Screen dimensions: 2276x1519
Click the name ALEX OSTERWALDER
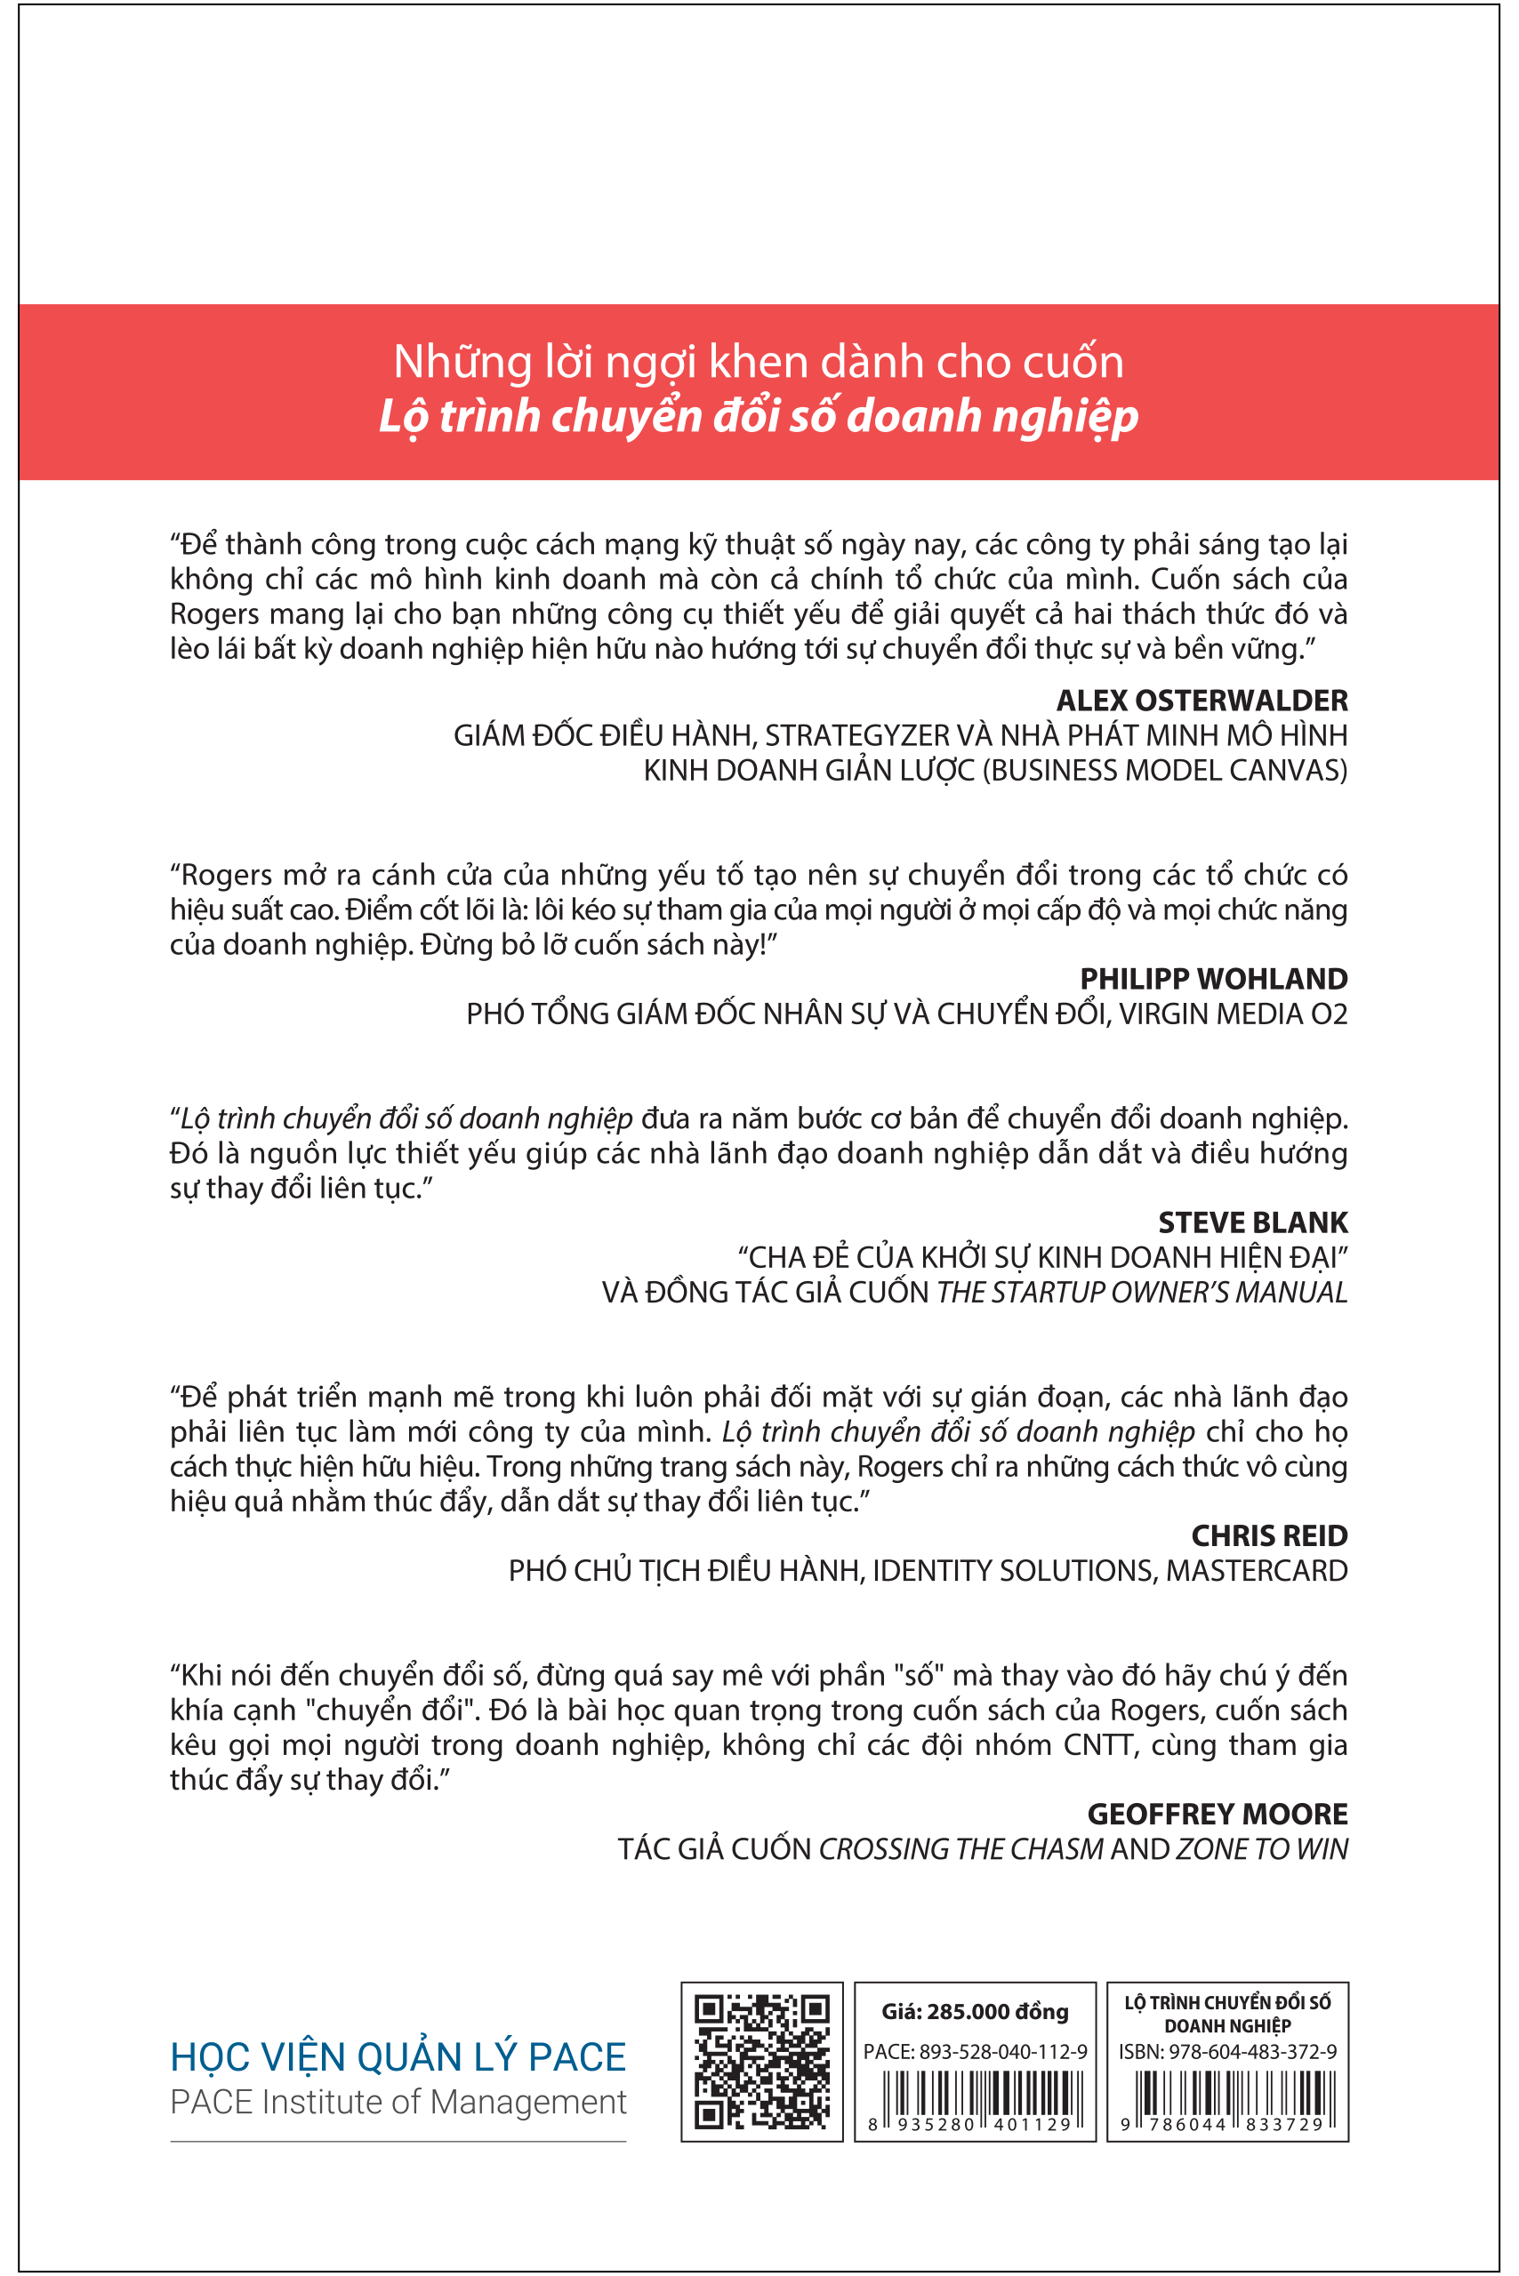[x=1202, y=701]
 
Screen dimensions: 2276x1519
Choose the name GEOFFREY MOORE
[x=1217, y=1814]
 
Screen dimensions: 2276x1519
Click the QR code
[x=762, y=2061]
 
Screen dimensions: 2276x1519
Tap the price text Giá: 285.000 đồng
[x=975, y=2012]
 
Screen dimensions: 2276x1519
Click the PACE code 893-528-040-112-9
[x=1002, y=2051]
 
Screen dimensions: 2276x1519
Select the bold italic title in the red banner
[x=759, y=415]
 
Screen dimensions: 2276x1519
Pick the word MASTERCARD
[x=1257, y=1570]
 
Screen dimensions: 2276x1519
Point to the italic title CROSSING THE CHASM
[x=961, y=1849]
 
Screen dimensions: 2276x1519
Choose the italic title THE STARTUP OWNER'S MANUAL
[x=1142, y=1292]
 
